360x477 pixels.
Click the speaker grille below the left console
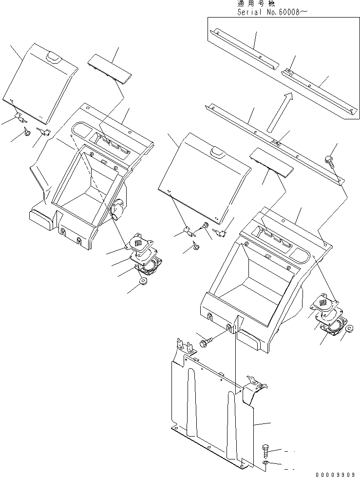[140, 241]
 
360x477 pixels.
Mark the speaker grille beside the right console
[322, 303]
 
